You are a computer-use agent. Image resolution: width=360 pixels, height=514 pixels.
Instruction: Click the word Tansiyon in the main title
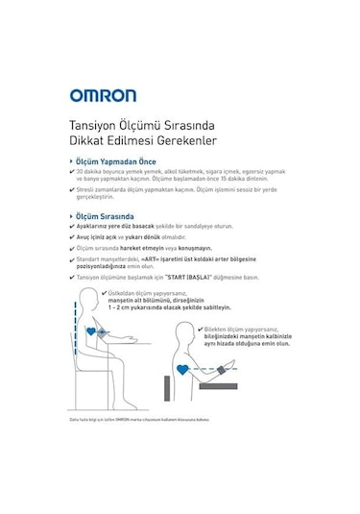point(92,126)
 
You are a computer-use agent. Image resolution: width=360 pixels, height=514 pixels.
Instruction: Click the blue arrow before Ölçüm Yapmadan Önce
point(72,162)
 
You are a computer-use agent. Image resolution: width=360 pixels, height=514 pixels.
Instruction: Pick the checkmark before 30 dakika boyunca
point(72,173)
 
